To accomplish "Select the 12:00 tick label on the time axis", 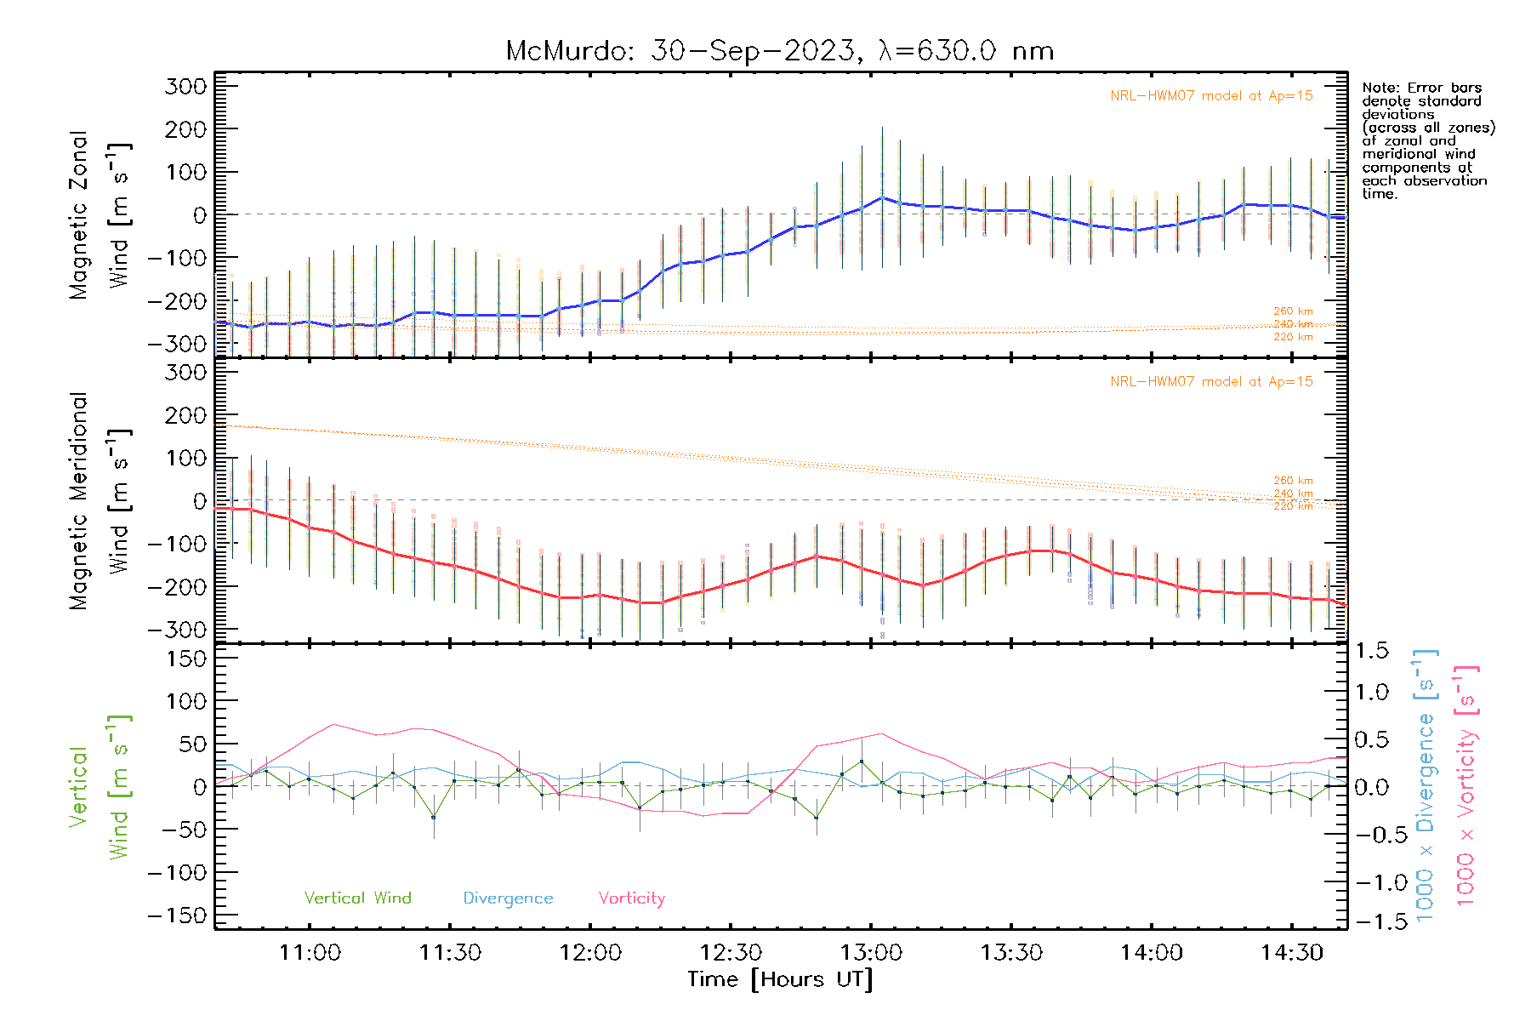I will [590, 953].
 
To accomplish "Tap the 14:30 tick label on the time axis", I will [1291, 953].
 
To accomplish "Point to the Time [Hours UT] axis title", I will [780, 979].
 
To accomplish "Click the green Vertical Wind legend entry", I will [357, 898].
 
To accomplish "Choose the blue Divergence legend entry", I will [508, 898].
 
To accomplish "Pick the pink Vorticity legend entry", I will [631, 898].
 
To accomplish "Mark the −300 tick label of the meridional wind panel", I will [177, 630].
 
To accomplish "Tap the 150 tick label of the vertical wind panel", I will [186, 659].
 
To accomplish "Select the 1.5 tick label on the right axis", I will [1371, 651].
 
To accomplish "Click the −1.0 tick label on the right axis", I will [1371, 882].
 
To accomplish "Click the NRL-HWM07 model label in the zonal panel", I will [1211, 96].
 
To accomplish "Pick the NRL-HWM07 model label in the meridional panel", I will [1211, 382].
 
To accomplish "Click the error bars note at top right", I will [1427, 140].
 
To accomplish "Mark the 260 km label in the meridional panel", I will [1293, 481].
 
